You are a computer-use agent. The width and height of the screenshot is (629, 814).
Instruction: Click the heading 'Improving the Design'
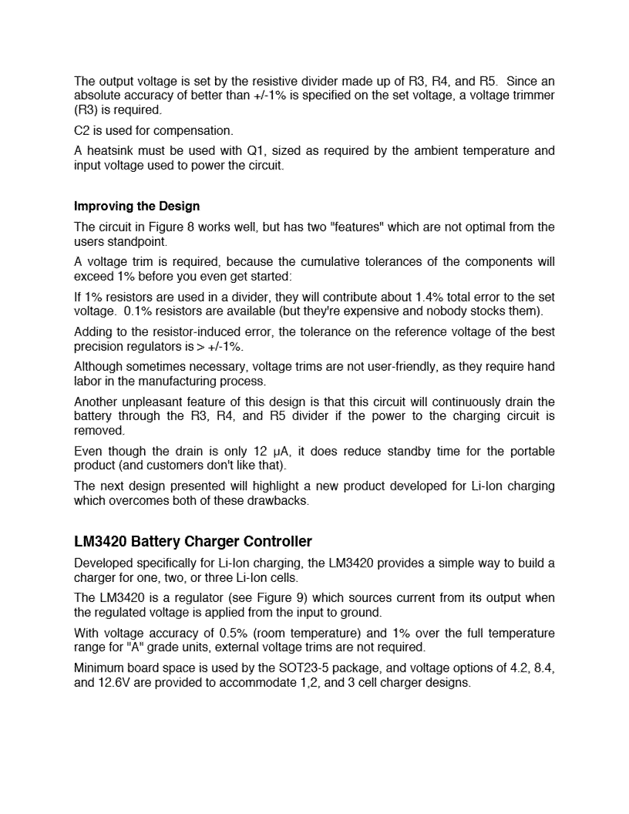point(136,207)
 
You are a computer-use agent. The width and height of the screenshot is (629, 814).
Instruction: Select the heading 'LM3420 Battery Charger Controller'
point(193,542)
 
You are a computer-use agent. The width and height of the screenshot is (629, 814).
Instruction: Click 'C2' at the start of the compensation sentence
point(82,130)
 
